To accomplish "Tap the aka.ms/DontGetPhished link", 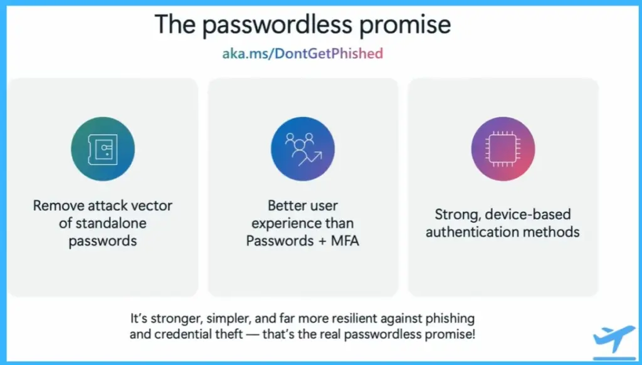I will (x=303, y=53).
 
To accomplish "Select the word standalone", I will (x=110, y=223).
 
